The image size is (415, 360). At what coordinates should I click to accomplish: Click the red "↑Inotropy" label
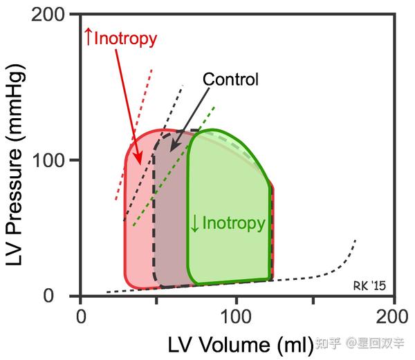click(x=120, y=37)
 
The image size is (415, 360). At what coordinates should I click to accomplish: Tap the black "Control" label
click(x=230, y=79)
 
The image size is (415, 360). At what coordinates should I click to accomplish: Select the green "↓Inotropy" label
click(x=228, y=223)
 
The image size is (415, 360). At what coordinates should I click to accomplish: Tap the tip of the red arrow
click(x=140, y=164)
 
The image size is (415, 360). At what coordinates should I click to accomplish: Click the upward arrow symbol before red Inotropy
click(x=88, y=37)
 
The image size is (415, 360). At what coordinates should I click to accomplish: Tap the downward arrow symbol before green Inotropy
click(x=195, y=224)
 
